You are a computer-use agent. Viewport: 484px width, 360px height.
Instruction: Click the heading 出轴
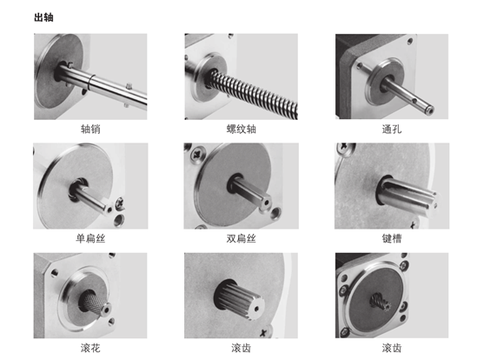[x=43, y=17]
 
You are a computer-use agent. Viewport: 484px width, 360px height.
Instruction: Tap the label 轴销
[x=90, y=129]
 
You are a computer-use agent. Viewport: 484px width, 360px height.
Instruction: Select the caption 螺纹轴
[x=242, y=129]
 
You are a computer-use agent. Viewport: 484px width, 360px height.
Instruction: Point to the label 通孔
[x=392, y=129]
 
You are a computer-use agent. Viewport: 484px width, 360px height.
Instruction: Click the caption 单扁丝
[x=90, y=238]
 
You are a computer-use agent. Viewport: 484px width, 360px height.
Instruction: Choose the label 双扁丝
[x=242, y=238]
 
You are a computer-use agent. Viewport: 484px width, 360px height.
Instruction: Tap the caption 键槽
[x=392, y=238]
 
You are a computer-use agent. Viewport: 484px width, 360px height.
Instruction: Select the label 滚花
[x=90, y=348]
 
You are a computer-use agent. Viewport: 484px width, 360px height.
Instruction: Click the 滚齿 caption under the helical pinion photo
[x=392, y=348]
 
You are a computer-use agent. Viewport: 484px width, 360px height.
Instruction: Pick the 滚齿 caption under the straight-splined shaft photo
[x=242, y=348]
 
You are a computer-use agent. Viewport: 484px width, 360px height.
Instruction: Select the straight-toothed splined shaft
[x=240, y=299]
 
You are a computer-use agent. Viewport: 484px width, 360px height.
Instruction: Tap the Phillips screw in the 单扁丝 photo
[x=120, y=203]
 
